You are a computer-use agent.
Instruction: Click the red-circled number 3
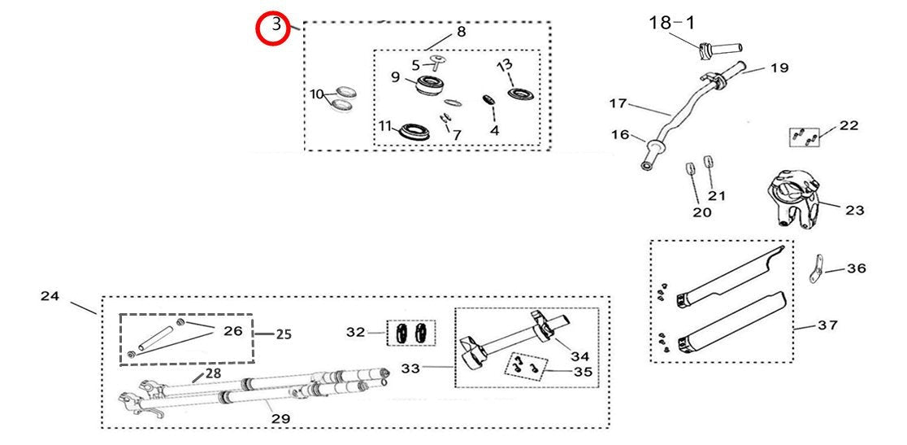pyautogui.click(x=276, y=27)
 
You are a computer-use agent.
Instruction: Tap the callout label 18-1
pyautogui.click(x=671, y=22)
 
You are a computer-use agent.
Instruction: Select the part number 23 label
pyautogui.click(x=854, y=210)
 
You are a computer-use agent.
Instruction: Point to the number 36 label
pyautogui.click(x=857, y=268)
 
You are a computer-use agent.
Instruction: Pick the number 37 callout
pyautogui.click(x=827, y=325)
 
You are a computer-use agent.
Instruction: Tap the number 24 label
pyautogui.click(x=50, y=296)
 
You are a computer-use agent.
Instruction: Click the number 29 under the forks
pyautogui.click(x=280, y=418)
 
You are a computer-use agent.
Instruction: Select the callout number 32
pyautogui.click(x=356, y=332)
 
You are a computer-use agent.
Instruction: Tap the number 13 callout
pyautogui.click(x=505, y=64)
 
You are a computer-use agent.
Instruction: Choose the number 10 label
pyautogui.click(x=318, y=94)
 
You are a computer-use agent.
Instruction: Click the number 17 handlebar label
pyautogui.click(x=619, y=103)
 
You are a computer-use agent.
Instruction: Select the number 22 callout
pyautogui.click(x=848, y=125)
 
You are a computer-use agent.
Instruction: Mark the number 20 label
pyautogui.click(x=701, y=212)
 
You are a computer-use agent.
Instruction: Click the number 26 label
pyautogui.click(x=232, y=330)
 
